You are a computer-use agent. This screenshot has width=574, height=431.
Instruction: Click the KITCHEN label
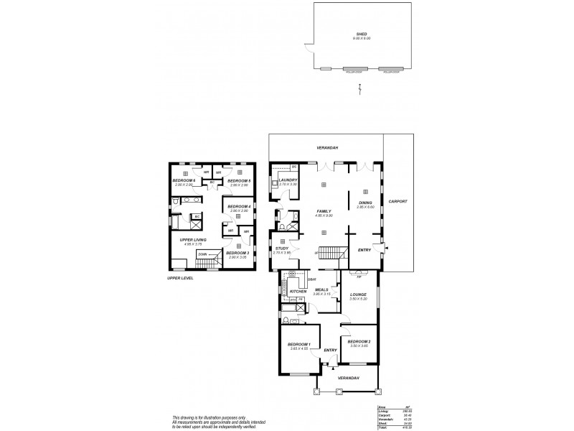288,291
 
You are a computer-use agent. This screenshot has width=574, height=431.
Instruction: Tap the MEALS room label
320,289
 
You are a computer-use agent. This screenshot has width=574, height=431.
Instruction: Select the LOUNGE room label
358,294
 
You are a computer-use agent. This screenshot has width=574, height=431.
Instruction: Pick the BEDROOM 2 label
358,342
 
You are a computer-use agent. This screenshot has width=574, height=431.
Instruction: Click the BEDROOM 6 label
184,181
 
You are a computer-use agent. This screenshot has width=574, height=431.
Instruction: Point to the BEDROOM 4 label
237,207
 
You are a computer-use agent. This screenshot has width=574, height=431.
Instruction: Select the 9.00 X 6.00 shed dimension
362,38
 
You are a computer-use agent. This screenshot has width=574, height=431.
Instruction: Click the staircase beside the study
327,254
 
